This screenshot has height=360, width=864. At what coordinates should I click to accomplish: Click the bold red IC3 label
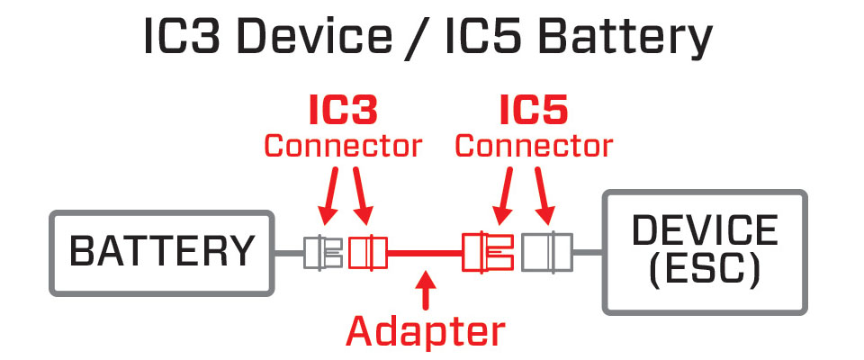pos(342,110)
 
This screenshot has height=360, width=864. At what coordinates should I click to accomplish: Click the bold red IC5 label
pos(534,110)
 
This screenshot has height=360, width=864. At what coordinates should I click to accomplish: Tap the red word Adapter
pos(426,330)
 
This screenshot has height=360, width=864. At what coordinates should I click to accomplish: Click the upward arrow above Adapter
pos(426,292)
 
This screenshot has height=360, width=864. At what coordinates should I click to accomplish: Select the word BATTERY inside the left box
pos(162,252)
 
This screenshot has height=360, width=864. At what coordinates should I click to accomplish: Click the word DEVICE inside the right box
pos(705,231)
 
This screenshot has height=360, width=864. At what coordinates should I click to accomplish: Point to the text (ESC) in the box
pos(705,269)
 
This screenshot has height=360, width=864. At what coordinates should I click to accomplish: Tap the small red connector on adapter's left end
pos(366,253)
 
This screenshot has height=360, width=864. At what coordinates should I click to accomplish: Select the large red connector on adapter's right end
pos(487,253)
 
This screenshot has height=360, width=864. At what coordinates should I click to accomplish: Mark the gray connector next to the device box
pos(546,253)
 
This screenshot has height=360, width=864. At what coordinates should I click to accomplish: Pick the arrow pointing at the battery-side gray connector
pos(328,198)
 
